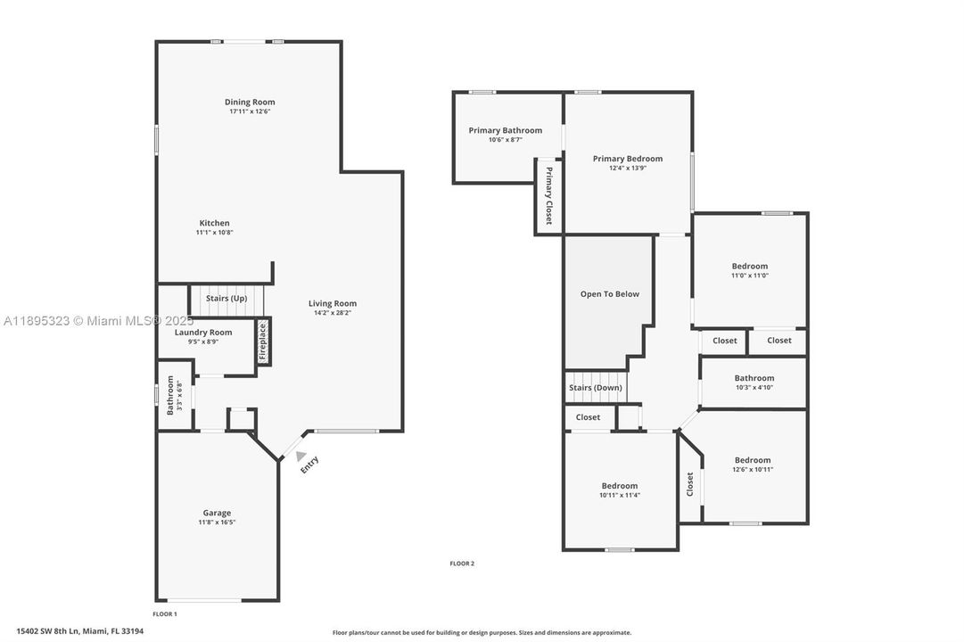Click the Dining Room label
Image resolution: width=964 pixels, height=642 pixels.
pos(250,103)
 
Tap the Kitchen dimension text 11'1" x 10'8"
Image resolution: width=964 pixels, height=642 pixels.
pos(214,233)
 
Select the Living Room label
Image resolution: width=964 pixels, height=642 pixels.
pos(333,304)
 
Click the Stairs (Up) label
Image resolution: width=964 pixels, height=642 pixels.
pos(227,299)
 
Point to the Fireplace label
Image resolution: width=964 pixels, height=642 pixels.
pos(263,341)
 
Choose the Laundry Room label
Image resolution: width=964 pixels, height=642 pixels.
pos(202,333)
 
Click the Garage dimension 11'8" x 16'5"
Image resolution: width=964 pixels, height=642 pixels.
pos(217,523)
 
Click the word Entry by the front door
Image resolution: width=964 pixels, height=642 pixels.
pos(309,465)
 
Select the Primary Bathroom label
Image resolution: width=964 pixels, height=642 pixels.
pos(505,131)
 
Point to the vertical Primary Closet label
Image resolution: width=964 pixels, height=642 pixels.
pos(548,195)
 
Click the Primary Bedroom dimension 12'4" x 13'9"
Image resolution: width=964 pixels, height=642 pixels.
pos(628,169)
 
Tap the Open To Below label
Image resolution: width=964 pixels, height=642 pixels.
pos(609,294)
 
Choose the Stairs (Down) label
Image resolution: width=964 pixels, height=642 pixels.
pos(596,388)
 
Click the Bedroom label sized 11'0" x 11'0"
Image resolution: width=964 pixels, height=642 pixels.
pos(749,267)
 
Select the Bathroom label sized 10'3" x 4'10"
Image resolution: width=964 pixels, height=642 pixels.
pos(754,378)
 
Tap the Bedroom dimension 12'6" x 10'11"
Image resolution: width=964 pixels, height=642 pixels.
pos(753,470)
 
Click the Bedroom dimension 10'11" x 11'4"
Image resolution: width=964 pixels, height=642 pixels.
pos(619,496)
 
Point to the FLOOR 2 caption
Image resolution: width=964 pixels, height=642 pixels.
pos(462,564)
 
